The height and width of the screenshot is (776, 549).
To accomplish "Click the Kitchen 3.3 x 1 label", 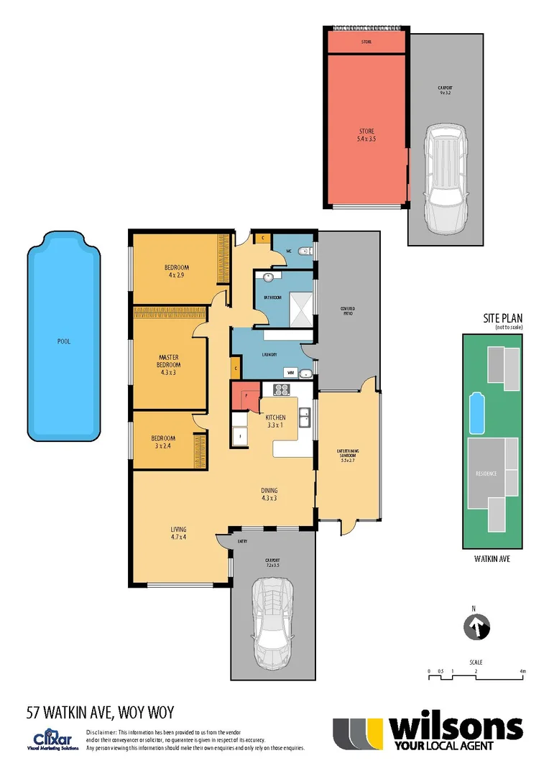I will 276,421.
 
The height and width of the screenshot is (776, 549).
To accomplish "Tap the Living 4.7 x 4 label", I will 178,533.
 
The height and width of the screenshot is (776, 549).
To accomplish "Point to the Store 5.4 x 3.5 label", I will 366,134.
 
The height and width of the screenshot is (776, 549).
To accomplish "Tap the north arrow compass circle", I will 474,626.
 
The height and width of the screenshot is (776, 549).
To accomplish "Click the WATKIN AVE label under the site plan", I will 491,558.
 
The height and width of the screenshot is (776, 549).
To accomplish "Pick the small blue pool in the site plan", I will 475,413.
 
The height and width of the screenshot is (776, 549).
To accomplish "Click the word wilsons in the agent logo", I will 455,729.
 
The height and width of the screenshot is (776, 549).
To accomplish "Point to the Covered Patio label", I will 348,311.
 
